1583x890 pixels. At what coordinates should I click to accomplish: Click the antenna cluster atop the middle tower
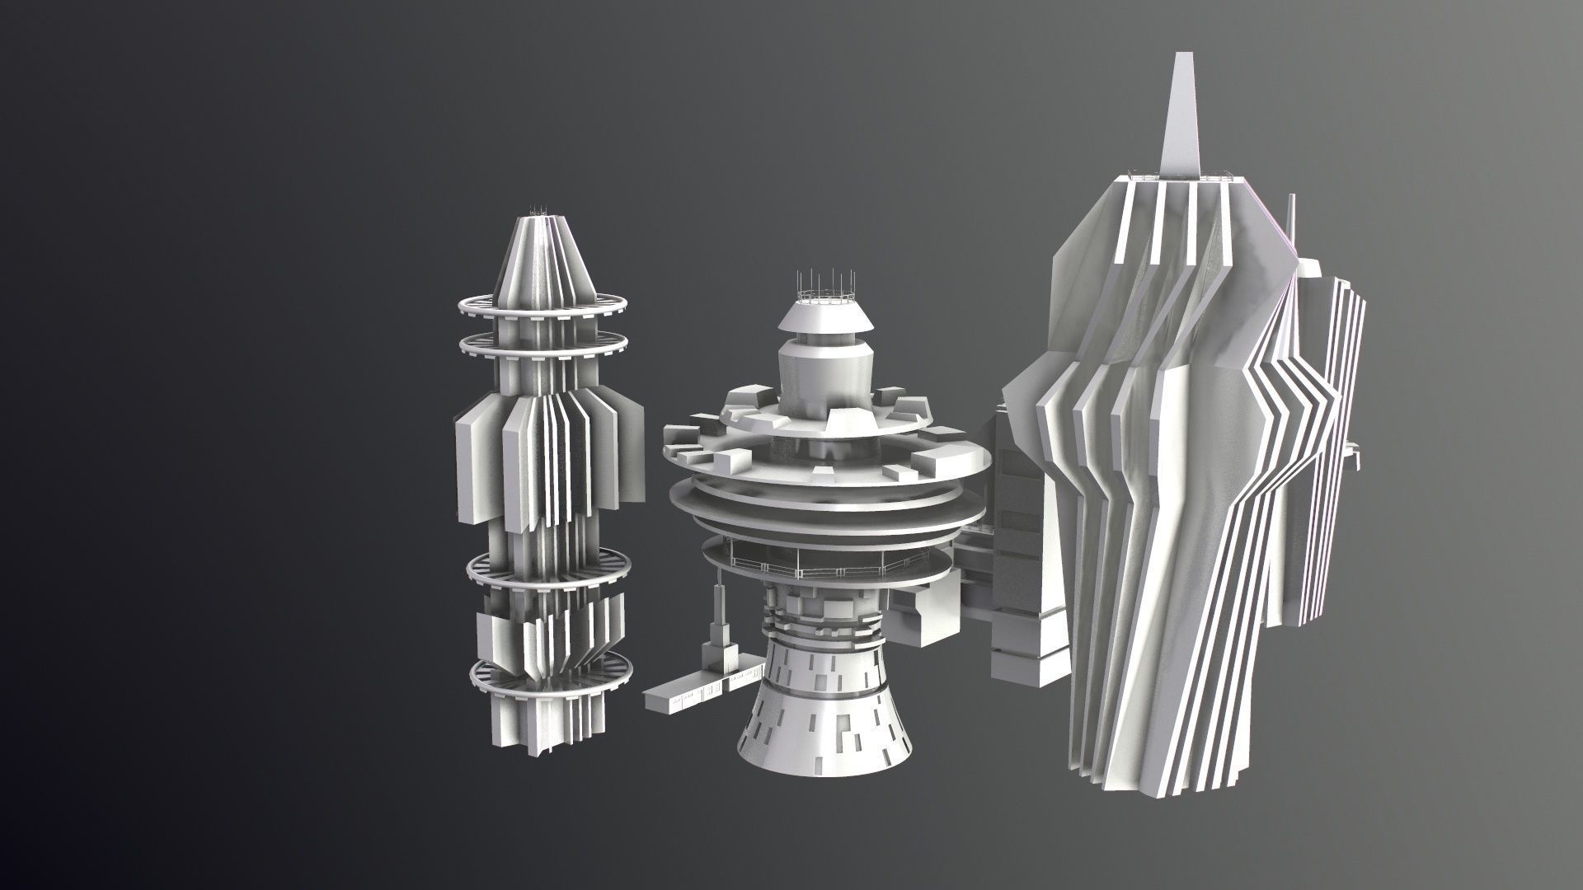pyautogui.click(x=825, y=284)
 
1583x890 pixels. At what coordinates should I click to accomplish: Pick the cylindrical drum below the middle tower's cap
pyautogui.click(x=824, y=367)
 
